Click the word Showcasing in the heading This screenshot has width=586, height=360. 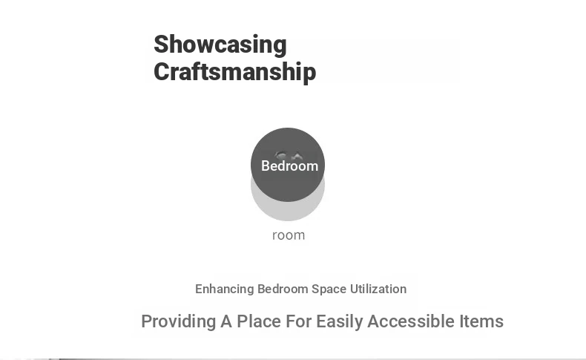pos(220,45)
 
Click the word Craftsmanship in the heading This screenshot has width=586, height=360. pos(234,71)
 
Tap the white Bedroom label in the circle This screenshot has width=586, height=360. pos(289,166)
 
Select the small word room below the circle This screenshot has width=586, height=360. pos(289,235)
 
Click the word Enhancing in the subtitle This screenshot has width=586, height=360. pos(225,289)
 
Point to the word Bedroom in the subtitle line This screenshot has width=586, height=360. pos(283,289)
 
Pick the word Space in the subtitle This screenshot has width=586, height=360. pos(329,289)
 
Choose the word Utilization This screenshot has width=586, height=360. pos(378,289)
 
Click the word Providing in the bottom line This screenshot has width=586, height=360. pos(179,322)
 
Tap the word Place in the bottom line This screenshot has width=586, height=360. pos(259,321)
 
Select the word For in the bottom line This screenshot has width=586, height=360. pos(299,321)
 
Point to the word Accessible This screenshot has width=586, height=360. pos(411,321)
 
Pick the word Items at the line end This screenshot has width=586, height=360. pos(481,321)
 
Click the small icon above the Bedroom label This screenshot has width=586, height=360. pos(288,155)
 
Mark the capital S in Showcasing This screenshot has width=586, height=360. pos(162,45)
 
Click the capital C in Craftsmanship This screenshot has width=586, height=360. pos(162,72)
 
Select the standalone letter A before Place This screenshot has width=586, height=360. pos(226,321)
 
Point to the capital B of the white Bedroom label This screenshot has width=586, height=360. pos(266,166)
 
